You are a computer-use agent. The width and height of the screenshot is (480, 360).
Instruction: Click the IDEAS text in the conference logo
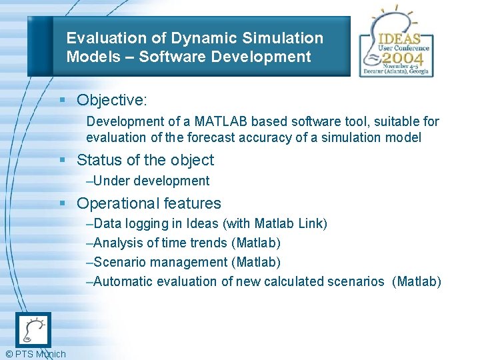coord(399,38)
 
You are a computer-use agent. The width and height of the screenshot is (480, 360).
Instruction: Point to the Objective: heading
coord(112,100)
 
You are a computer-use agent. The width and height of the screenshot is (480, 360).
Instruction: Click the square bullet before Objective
coord(61,100)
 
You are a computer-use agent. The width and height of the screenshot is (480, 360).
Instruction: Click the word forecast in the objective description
coord(212,137)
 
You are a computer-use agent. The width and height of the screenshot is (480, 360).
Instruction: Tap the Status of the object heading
coord(145,160)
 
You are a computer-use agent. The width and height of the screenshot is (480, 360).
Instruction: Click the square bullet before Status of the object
coord(61,160)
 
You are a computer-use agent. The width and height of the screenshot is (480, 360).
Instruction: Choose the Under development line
coord(148,181)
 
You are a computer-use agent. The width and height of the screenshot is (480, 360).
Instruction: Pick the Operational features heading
coord(149,203)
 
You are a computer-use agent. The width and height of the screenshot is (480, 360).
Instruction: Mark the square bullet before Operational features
coord(61,203)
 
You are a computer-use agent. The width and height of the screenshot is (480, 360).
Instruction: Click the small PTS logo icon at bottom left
coord(33,329)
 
